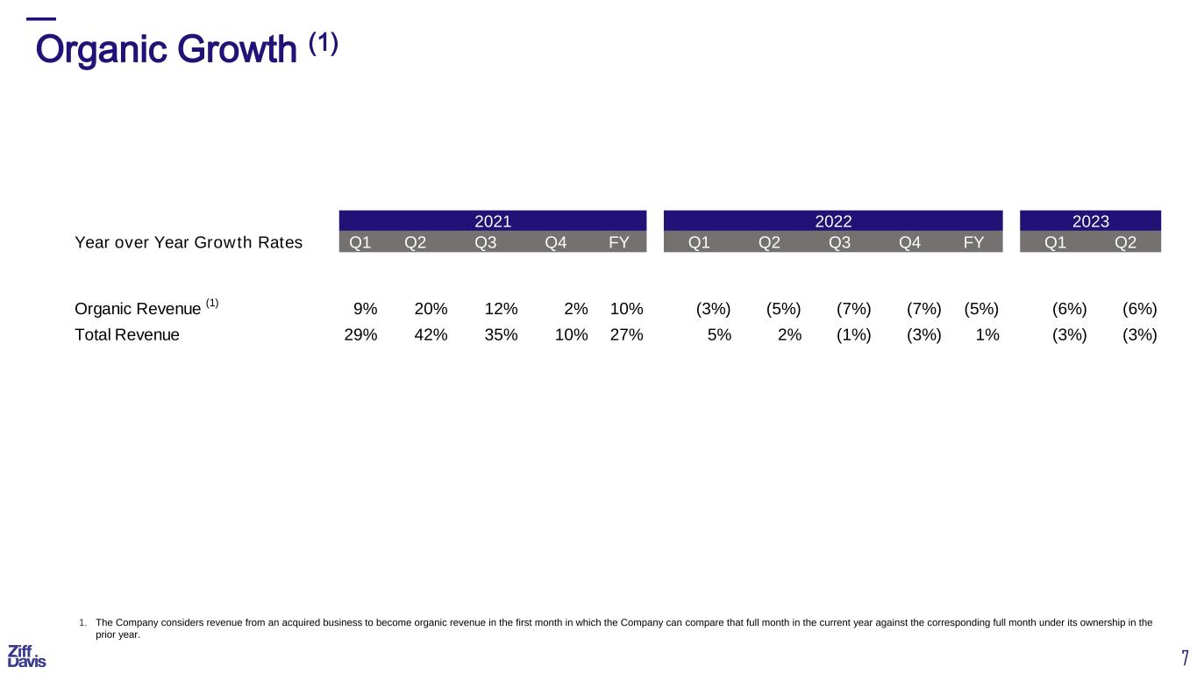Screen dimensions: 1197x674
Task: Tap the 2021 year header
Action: point(493,221)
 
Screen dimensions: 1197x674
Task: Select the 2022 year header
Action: point(833,221)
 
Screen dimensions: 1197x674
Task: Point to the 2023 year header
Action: point(1091,221)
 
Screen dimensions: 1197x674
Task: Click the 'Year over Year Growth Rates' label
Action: point(189,242)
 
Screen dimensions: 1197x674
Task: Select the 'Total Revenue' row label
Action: point(127,335)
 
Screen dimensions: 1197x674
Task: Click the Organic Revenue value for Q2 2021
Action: point(431,309)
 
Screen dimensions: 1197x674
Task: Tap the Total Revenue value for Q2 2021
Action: point(431,335)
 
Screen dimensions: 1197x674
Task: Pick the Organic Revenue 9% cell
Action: point(365,309)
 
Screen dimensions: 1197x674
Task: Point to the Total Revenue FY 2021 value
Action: point(626,335)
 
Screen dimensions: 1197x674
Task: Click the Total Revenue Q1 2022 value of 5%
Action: point(719,335)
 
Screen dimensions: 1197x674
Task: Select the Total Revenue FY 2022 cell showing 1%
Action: point(987,335)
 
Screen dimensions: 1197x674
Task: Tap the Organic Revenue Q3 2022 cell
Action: point(854,309)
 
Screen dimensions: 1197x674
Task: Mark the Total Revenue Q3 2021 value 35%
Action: point(501,335)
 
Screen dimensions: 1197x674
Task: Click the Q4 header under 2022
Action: point(909,242)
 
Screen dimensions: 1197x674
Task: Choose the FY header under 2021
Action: point(619,242)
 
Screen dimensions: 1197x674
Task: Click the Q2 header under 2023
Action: point(1125,242)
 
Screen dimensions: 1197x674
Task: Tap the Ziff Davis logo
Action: point(26,656)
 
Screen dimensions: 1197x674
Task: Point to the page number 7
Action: point(1186,657)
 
